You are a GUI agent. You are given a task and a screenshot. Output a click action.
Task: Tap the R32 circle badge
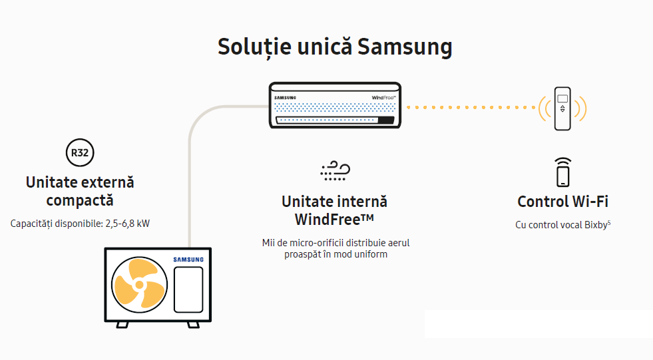coord(80,153)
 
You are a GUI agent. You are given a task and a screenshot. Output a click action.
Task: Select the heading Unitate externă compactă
coord(80,190)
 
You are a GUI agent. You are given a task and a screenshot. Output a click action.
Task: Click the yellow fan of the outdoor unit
coord(139,285)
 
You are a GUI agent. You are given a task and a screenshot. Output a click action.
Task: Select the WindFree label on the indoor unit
coord(383,98)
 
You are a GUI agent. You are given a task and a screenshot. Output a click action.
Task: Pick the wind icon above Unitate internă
coord(335,170)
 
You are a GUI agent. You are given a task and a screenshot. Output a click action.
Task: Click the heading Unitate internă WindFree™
coord(334,210)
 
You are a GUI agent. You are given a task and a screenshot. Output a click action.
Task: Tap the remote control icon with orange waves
coord(562,108)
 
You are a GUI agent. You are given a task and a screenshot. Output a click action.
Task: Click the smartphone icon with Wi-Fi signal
coord(563,172)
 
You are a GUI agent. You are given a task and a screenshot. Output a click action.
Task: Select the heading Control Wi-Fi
coord(562,202)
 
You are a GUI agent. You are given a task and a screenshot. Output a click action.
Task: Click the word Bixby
coord(595,225)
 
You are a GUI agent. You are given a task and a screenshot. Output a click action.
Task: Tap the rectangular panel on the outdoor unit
coord(188,289)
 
